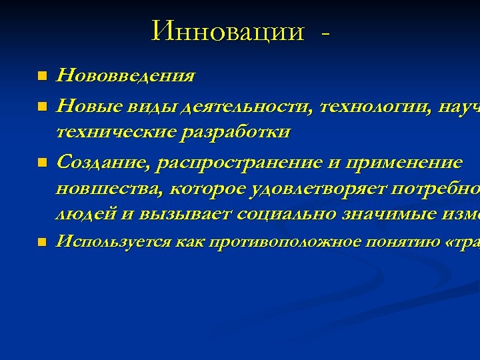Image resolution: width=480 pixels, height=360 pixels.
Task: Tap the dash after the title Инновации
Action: pyautogui.click(x=325, y=31)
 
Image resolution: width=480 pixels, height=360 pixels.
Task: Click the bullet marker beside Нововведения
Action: pyautogui.click(x=43, y=76)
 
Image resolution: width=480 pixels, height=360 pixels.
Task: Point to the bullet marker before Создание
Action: pyautogui.click(x=43, y=163)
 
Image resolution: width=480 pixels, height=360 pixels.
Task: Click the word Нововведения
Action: pyautogui.click(x=125, y=75)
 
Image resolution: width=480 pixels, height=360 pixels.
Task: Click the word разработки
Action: pyautogui.click(x=237, y=131)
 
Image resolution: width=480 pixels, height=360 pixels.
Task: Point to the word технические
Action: pyautogui.click(x=117, y=131)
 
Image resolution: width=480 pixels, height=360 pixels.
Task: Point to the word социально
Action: pyautogui.click(x=291, y=213)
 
